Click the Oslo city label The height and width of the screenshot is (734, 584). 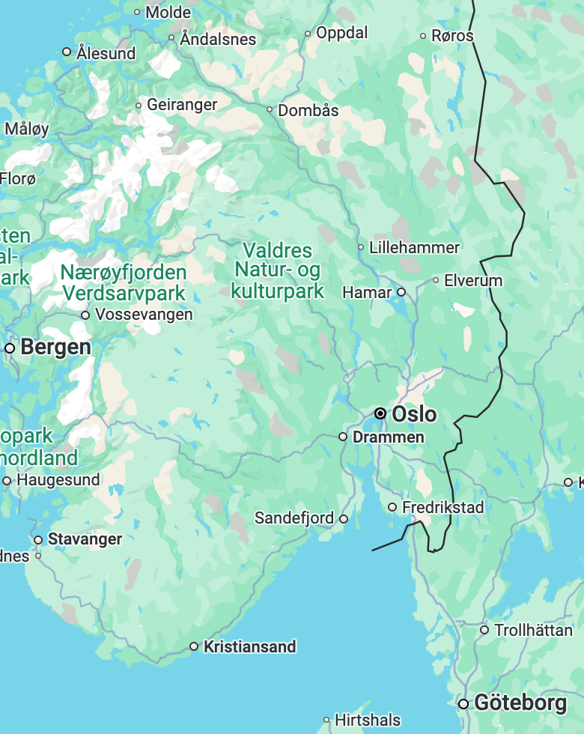(414, 413)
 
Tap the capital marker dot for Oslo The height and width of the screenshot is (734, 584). (380, 413)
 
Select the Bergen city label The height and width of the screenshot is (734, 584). (56, 348)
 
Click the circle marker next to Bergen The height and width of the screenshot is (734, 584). (10, 348)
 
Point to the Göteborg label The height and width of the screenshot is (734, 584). (520, 703)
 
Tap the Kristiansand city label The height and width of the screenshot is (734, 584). (250, 646)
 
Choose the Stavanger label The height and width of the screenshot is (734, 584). (85, 539)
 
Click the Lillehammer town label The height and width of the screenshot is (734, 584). (414, 247)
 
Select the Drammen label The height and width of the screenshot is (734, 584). (388, 437)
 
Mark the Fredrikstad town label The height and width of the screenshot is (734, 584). (443, 507)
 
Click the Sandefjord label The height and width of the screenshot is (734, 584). (294, 518)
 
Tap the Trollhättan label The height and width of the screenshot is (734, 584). (534, 630)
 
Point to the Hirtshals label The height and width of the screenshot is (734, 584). (368, 720)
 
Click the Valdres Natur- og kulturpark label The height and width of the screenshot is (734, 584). (277, 270)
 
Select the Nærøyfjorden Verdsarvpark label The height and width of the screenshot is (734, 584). (124, 282)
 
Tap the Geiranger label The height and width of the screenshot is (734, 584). (182, 105)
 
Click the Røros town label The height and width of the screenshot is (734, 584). (452, 36)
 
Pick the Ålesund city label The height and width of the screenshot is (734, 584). (106, 53)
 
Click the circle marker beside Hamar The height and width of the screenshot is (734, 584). (401, 292)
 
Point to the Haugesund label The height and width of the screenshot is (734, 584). (58, 480)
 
